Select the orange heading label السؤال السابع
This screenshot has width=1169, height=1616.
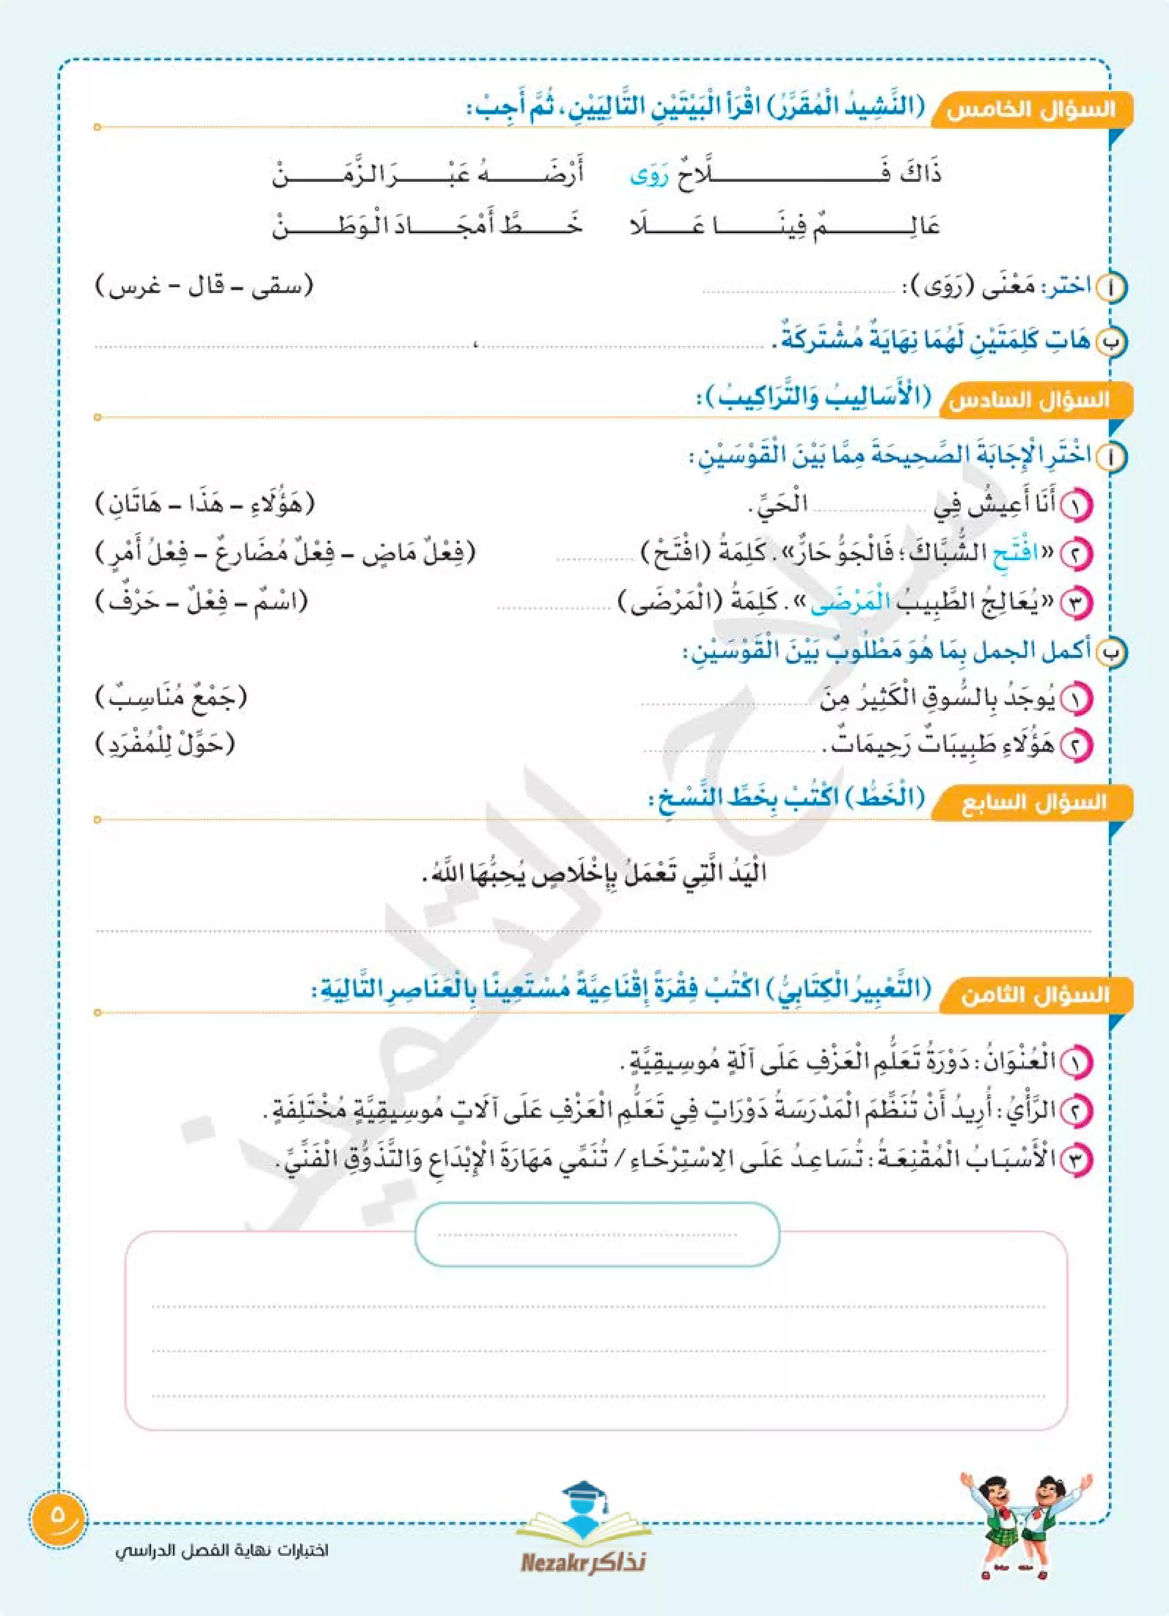[1034, 804]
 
